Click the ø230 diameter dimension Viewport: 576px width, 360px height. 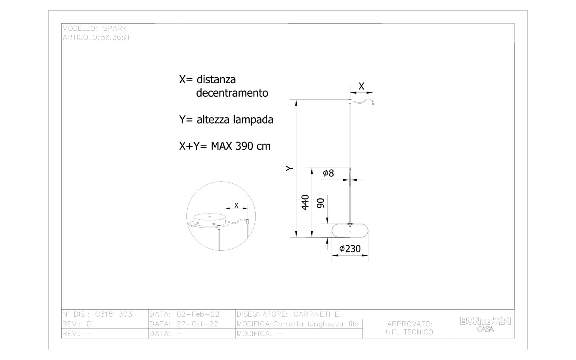point(350,249)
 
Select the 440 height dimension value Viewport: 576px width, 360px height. point(305,203)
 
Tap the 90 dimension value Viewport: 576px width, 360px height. point(320,203)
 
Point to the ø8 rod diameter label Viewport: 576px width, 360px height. point(328,173)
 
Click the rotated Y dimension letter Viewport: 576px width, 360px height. point(290,168)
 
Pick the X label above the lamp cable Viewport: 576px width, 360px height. point(361,86)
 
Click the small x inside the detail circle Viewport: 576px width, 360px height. point(236,205)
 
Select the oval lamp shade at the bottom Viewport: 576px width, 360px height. point(350,230)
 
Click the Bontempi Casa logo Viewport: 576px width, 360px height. point(486,324)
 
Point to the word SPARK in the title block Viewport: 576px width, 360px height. point(115,28)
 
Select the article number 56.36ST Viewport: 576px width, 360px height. point(116,38)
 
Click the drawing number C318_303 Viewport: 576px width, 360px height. point(114,314)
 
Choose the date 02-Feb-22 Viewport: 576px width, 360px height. point(198,314)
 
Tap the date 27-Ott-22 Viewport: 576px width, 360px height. point(198,324)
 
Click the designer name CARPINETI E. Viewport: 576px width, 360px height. point(317,314)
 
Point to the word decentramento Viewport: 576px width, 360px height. point(232,93)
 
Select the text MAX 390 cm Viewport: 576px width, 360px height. point(241,146)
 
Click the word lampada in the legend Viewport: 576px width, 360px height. point(253,120)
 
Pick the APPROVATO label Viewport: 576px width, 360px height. point(410,324)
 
